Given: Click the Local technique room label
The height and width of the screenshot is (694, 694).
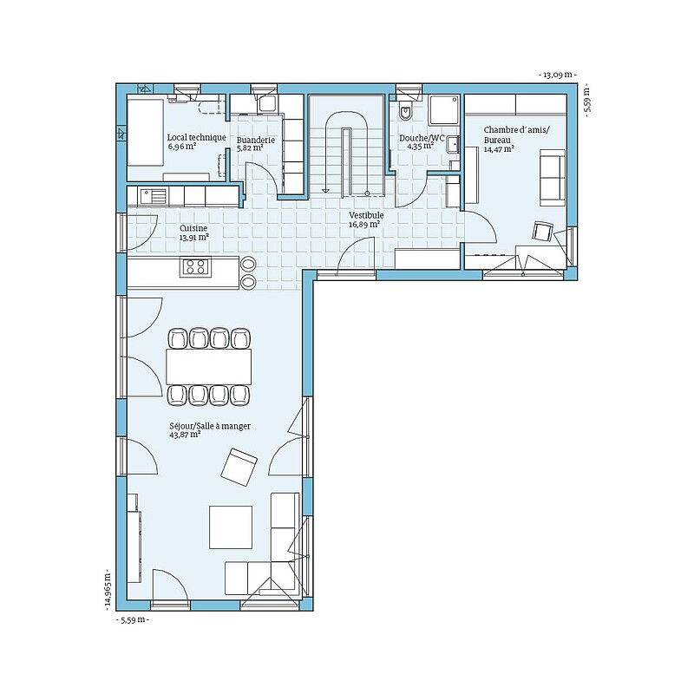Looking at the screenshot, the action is [x=197, y=138].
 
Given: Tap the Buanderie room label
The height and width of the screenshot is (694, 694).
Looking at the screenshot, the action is [x=256, y=141].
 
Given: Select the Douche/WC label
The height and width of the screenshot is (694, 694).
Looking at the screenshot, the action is [x=422, y=138].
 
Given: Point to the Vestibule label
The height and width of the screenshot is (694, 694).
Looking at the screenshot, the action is [x=366, y=215].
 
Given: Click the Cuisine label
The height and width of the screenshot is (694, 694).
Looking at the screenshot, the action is [x=193, y=228].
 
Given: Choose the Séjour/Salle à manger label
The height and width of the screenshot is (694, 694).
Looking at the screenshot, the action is [x=210, y=426].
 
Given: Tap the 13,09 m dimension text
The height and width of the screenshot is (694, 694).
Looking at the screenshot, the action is [x=558, y=75].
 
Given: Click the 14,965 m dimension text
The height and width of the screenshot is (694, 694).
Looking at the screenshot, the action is [x=108, y=590].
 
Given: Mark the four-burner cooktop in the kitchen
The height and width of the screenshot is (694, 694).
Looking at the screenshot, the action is [x=196, y=267].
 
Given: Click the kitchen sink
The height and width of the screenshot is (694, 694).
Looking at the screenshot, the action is [x=154, y=196].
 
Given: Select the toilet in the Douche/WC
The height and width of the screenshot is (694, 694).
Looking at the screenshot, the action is [x=405, y=110].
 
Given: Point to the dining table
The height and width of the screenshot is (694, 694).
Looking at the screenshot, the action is [x=208, y=367].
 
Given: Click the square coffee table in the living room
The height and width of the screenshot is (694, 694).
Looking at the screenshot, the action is [x=231, y=527].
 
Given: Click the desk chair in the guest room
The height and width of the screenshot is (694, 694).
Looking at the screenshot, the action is [x=543, y=232].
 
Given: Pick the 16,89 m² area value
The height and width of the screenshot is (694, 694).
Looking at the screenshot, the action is [x=364, y=225].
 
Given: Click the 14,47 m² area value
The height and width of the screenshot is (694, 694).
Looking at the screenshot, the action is [x=499, y=149].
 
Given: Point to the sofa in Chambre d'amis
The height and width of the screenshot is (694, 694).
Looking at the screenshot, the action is [x=553, y=178].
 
